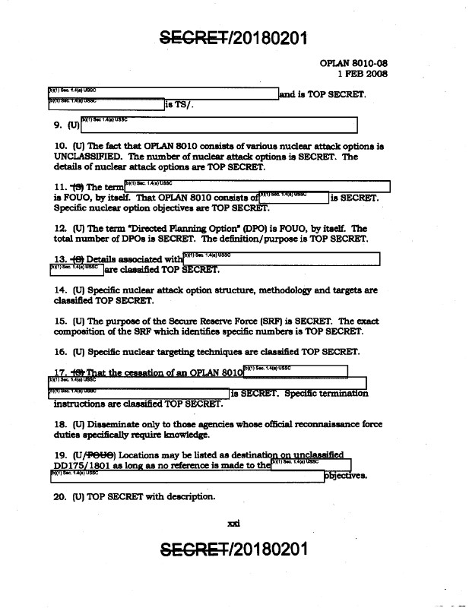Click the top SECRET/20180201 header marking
(233, 36)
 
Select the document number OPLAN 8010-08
(354, 63)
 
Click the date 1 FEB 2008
(363, 74)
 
